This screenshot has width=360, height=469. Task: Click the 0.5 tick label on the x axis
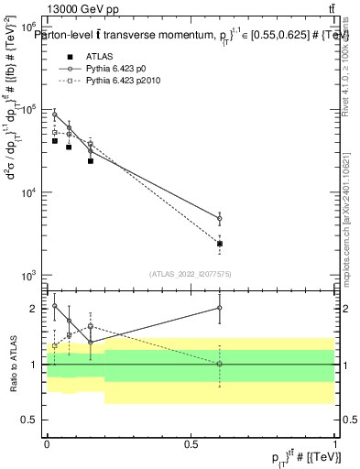click(x=191, y=444)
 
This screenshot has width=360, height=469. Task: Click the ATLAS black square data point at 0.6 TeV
click(x=220, y=244)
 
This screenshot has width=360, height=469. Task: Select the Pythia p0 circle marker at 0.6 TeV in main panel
click(x=220, y=219)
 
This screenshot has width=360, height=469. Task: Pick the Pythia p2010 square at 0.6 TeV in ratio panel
click(x=220, y=365)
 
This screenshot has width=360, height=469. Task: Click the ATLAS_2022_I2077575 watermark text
click(x=190, y=273)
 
